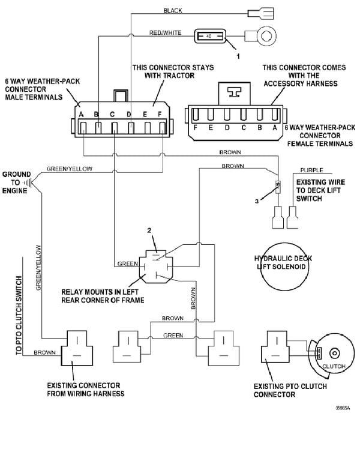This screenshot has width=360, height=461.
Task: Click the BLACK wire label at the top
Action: click(x=173, y=11)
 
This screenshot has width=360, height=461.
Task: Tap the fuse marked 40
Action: click(x=210, y=37)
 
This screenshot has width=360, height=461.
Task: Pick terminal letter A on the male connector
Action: click(x=80, y=113)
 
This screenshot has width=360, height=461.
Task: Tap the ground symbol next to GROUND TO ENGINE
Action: click(x=26, y=181)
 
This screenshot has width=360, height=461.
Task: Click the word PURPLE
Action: click(x=311, y=171)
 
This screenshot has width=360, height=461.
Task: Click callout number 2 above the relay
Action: click(x=150, y=230)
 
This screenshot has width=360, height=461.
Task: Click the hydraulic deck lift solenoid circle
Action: click(x=283, y=265)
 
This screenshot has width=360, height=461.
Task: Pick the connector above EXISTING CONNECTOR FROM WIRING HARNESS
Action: click(x=77, y=350)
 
